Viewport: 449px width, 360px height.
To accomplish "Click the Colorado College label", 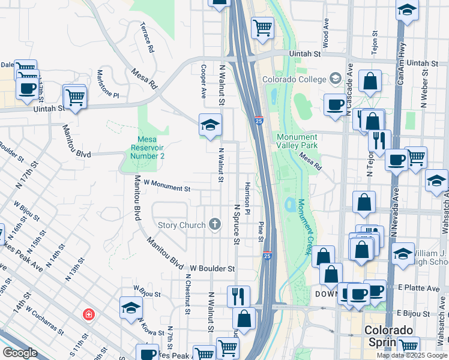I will tap(294, 79).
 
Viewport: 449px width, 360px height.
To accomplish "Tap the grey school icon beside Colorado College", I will tap(335, 79).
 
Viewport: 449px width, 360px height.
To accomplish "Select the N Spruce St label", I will tap(237, 225).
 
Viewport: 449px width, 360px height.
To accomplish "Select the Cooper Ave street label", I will tap(203, 82).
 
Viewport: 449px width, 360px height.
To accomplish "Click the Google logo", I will tap(20, 353).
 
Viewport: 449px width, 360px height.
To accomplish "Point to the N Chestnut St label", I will tap(188, 293).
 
